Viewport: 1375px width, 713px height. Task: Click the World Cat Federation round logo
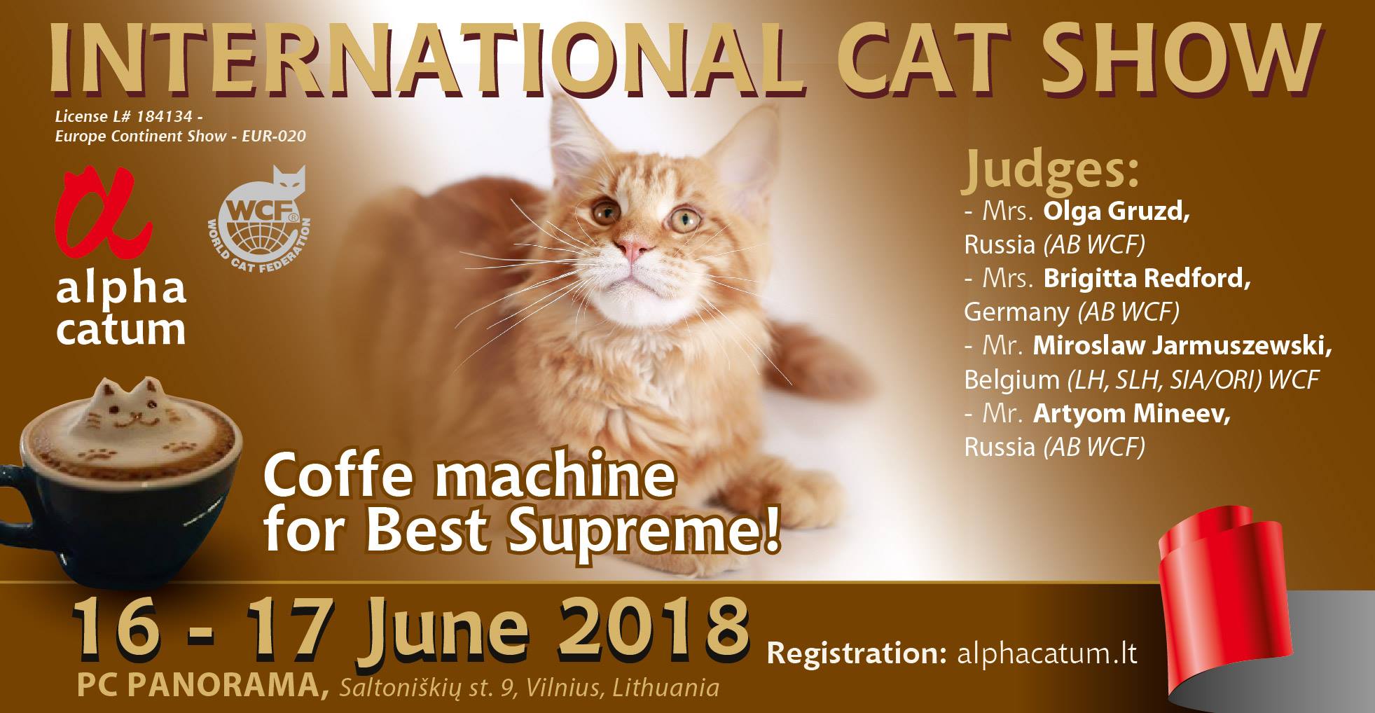click(x=258, y=218)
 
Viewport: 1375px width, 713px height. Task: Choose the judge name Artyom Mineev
click(x=1131, y=414)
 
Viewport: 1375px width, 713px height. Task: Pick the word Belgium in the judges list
click(x=1012, y=380)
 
